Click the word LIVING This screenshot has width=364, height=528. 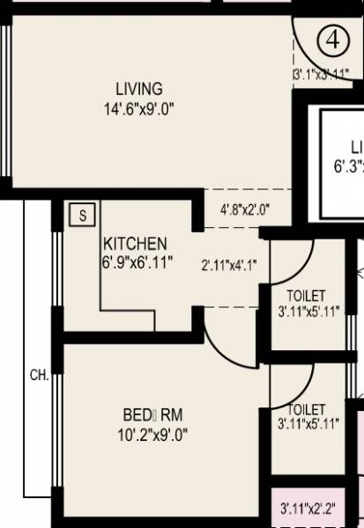(139, 89)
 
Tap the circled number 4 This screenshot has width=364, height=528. (332, 40)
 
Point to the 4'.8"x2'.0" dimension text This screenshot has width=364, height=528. (244, 209)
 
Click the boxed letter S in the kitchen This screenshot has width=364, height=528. (83, 214)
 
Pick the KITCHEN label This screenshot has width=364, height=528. (135, 243)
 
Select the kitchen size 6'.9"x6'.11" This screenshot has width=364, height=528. (137, 262)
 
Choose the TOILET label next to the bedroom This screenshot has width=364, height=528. (307, 409)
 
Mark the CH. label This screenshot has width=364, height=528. (40, 375)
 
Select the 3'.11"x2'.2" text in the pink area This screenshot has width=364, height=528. (308, 508)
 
